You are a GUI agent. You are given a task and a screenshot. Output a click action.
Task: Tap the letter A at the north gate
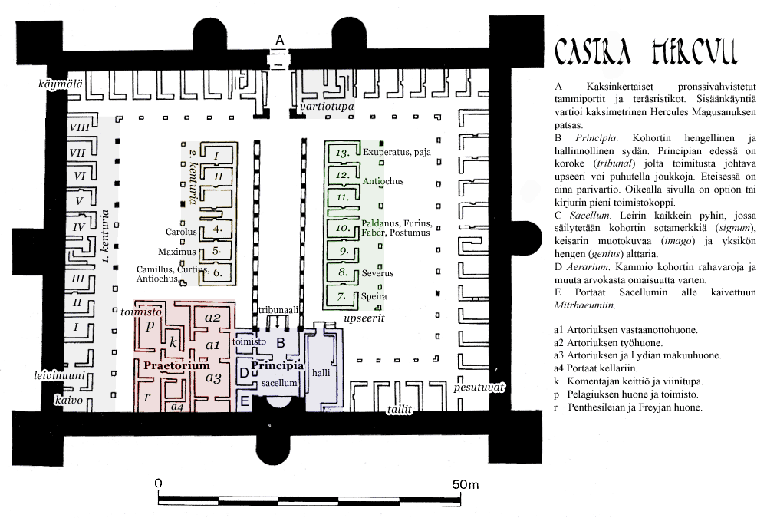click(x=280, y=39)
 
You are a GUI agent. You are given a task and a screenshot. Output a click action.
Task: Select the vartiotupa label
click(x=328, y=107)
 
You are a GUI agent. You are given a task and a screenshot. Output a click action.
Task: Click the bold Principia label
click(x=277, y=365)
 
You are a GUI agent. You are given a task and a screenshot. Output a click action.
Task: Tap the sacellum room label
click(x=278, y=381)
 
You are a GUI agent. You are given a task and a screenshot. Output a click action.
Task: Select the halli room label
click(x=321, y=372)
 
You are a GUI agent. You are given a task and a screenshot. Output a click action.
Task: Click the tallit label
click(x=400, y=410)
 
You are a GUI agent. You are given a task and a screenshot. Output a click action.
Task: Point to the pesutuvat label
click(x=479, y=388)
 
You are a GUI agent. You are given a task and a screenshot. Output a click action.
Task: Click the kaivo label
click(x=67, y=400)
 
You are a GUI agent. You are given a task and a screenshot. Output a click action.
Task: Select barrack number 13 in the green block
click(x=343, y=152)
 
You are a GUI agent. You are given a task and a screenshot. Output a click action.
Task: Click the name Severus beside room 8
click(x=379, y=272)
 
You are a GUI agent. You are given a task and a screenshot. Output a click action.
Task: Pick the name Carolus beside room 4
click(x=181, y=231)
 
